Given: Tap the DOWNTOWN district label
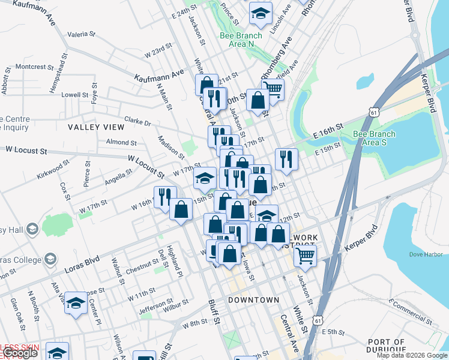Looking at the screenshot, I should (x=253, y=299).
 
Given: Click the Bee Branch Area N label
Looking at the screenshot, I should (x=241, y=40).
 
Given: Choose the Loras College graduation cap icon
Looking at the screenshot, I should (x=50, y=259).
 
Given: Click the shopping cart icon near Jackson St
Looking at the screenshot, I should (x=306, y=256).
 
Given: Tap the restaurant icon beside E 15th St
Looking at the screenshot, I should (x=286, y=159).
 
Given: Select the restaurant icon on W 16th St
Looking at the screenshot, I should (x=164, y=197).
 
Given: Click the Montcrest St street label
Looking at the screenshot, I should (x=35, y=66).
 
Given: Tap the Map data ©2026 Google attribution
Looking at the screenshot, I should (x=412, y=355).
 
